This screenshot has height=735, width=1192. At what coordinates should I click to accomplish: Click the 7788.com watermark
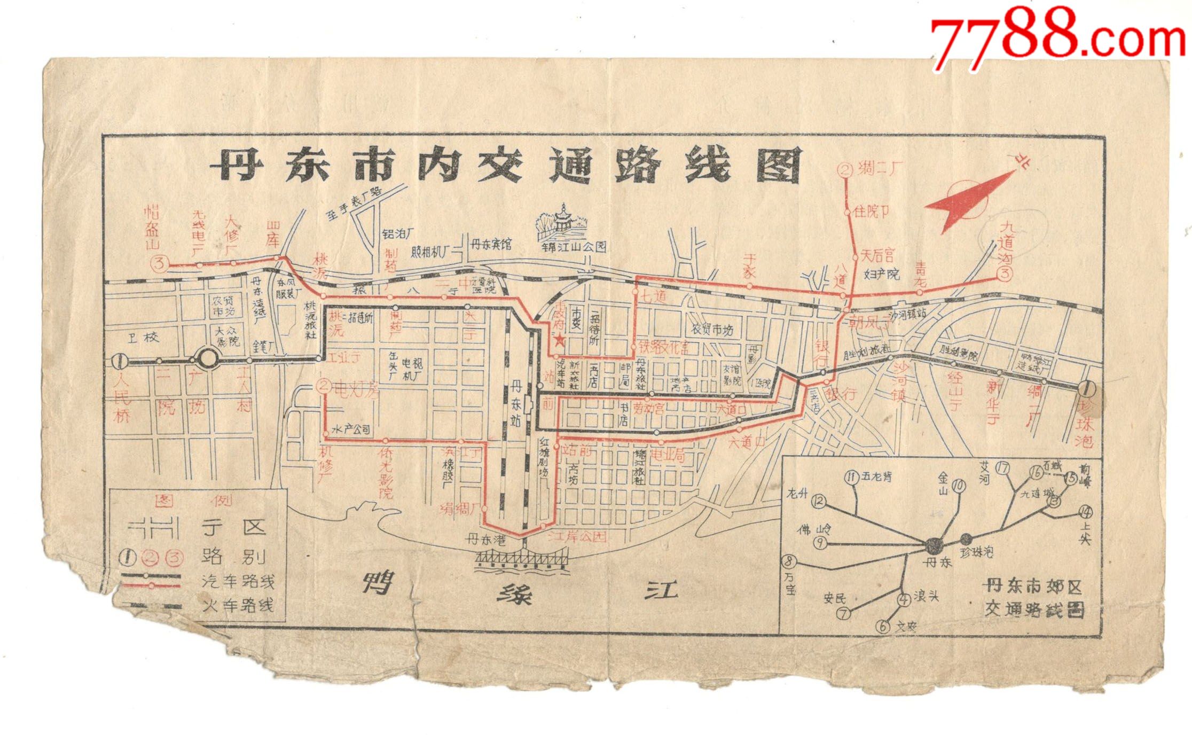(x=1057, y=38)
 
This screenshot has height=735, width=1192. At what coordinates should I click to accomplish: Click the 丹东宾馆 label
(x=491, y=245)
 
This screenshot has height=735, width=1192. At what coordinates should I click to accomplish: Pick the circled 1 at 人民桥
(x=121, y=362)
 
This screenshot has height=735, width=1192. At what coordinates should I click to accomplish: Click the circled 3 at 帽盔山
(x=160, y=263)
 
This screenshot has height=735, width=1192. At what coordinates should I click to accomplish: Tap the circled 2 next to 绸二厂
(x=845, y=170)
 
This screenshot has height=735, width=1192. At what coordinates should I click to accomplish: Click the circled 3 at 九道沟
(x=1005, y=275)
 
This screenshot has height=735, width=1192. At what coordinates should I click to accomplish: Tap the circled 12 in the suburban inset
(x=818, y=502)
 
